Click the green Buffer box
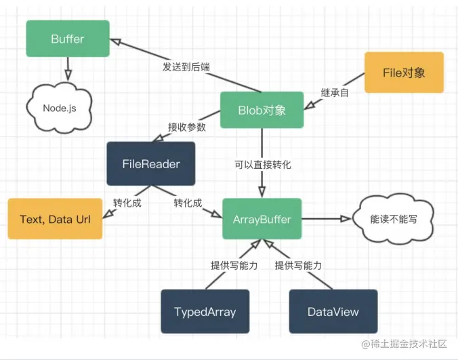[x=67, y=39]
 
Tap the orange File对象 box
[x=404, y=73]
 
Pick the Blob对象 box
[x=262, y=111]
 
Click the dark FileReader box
[x=150, y=163]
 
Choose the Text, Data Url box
[x=55, y=218]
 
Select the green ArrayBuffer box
[x=262, y=218]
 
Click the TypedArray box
[x=205, y=312]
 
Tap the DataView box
[x=333, y=312]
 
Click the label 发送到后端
[x=186, y=68]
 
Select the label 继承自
[x=334, y=93]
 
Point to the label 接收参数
[x=187, y=127]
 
